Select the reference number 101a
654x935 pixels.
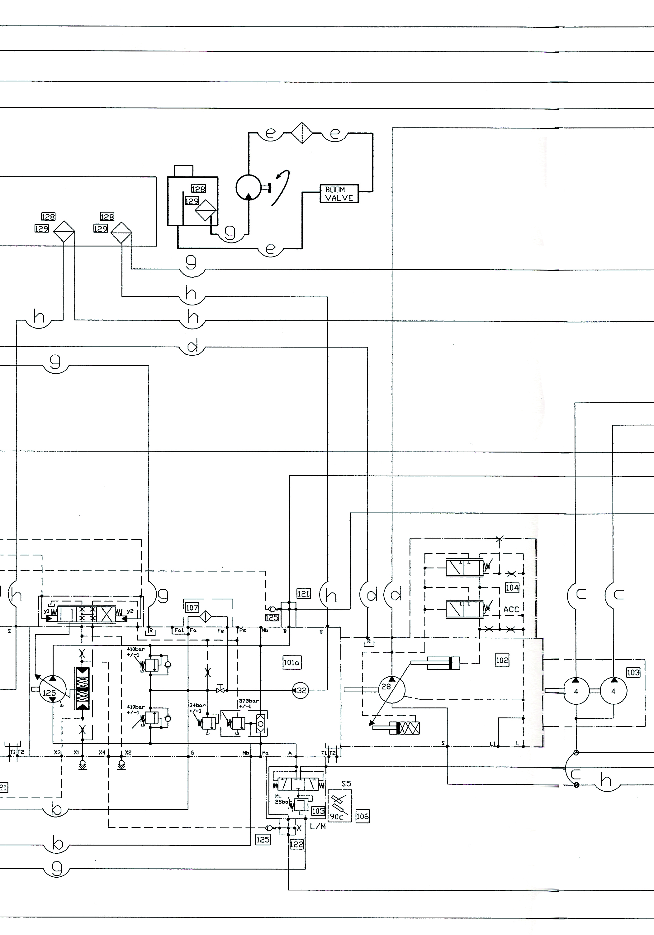(x=292, y=663)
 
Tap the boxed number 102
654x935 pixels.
(x=502, y=660)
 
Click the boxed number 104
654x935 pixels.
(x=512, y=587)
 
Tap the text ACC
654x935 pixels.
(x=511, y=610)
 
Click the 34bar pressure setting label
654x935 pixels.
(x=197, y=708)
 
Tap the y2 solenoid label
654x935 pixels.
(x=130, y=611)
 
